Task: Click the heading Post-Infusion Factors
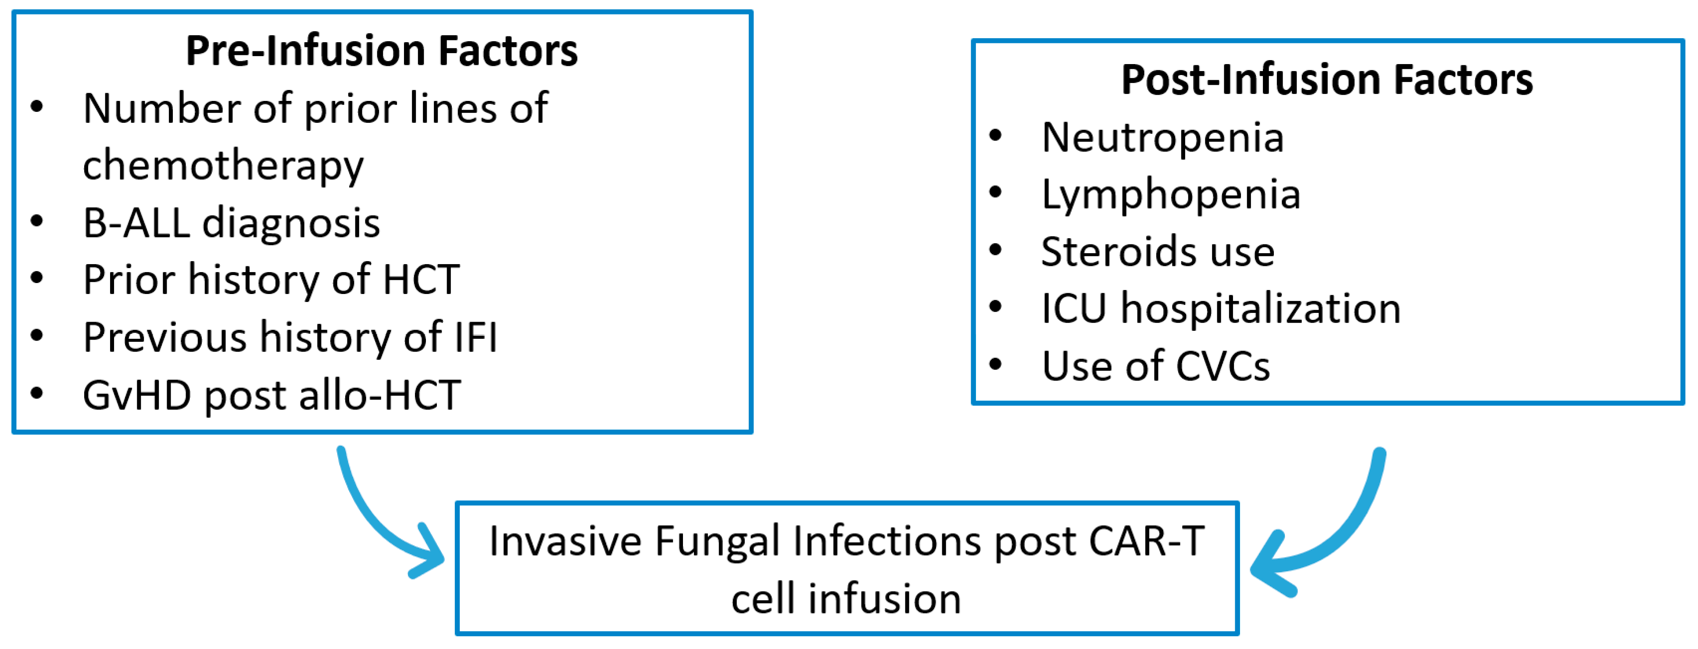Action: coord(1327,80)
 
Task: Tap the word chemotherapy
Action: coord(223,165)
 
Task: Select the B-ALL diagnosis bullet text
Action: coord(231,223)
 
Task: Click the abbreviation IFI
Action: coord(476,338)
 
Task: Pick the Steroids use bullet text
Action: coord(1158,252)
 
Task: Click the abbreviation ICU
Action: coord(1073,308)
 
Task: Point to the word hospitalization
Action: coord(1260,308)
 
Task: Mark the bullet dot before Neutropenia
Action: coord(995,136)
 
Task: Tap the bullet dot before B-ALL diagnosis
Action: coord(37,221)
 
